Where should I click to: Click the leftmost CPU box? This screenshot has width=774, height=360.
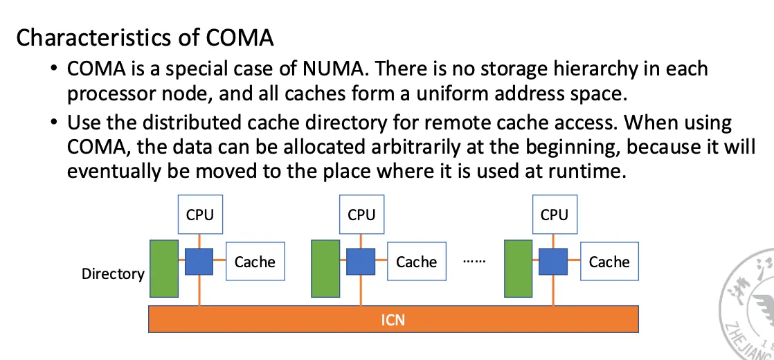(x=199, y=215)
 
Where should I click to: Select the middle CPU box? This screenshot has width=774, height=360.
(x=361, y=215)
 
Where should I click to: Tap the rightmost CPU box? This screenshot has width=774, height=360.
(x=554, y=215)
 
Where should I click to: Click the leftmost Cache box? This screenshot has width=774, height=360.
(x=255, y=262)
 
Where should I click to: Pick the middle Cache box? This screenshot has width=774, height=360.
(x=416, y=262)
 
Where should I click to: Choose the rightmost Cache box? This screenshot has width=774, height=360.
(x=609, y=262)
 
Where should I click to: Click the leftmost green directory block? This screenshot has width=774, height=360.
(x=164, y=269)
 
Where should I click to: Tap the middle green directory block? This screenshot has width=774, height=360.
(x=325, y=269)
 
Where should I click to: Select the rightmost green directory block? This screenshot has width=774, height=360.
(x=519, y=269)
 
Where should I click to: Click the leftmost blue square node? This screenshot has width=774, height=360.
(x=199, y=261)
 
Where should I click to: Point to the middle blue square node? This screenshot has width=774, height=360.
(x=361, y=261)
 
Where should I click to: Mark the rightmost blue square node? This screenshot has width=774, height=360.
(x=553, y=261)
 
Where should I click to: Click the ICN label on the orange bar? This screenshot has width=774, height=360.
(x=393, y=320)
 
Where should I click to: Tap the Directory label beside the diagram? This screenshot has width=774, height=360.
(x=113, y=273)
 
